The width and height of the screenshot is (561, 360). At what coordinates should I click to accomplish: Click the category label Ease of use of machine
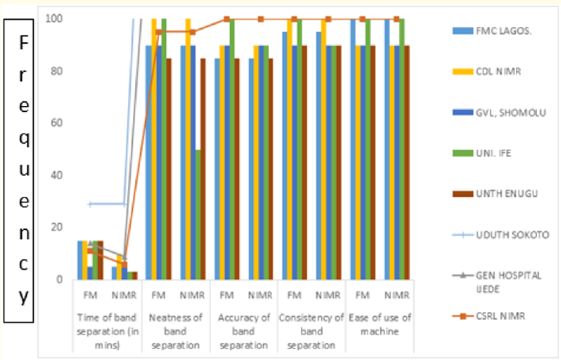pos(379,324)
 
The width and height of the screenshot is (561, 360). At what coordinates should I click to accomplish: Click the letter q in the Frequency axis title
pos(23,140)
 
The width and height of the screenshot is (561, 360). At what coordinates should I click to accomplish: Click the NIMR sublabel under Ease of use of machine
pos(396,295)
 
